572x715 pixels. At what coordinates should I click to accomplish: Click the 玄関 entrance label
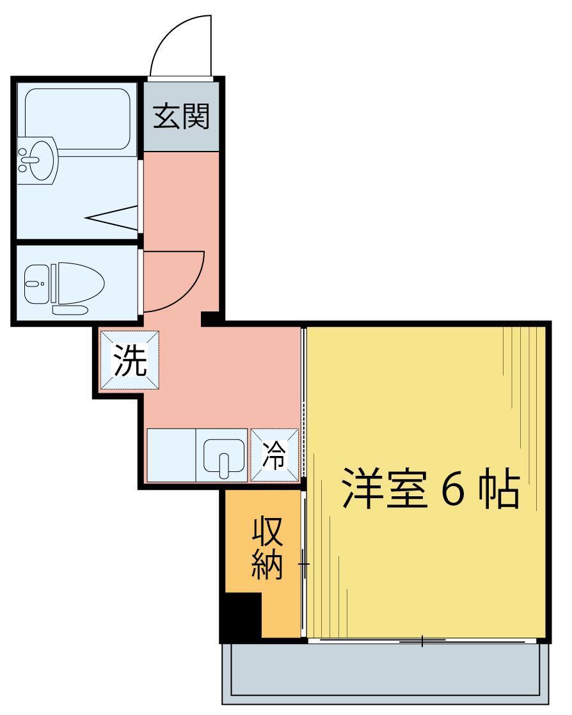coord(181,116)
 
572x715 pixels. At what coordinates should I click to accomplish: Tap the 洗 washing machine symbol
coord(130,361)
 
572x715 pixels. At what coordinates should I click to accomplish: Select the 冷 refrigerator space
coord(274,455)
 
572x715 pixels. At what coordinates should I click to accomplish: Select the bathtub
coord(77,118)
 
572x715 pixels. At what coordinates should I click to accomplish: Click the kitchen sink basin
coord(224,456)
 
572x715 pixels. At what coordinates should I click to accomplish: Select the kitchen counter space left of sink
coord(171,455)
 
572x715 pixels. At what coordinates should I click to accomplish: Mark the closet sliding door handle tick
coord(304,565)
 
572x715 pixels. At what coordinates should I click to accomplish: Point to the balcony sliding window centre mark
coord(422,640)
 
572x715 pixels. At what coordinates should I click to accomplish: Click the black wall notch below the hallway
coord(211,318)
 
